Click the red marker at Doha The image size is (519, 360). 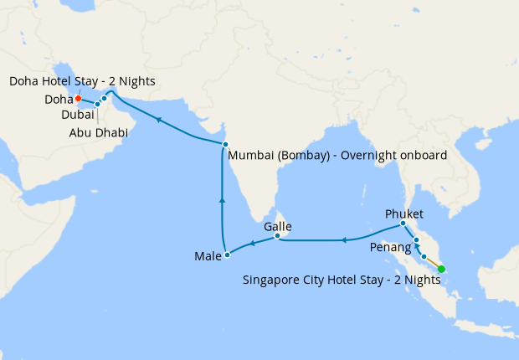[78, 98]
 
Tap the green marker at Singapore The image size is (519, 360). [441, 270]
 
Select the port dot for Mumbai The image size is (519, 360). [225, 145]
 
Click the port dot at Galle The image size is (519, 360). [277, 238]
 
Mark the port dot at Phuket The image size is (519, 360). [403, 224]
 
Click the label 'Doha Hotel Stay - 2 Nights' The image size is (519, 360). [82, 80]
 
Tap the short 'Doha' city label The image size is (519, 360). [59, 100]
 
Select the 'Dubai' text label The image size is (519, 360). [78, 115]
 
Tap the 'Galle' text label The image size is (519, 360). [277, 226]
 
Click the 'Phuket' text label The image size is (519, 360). [405, 213]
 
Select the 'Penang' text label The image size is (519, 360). [390, 248]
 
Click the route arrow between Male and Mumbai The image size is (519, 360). [222, 201]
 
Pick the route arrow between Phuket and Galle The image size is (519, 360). [344, 241]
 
